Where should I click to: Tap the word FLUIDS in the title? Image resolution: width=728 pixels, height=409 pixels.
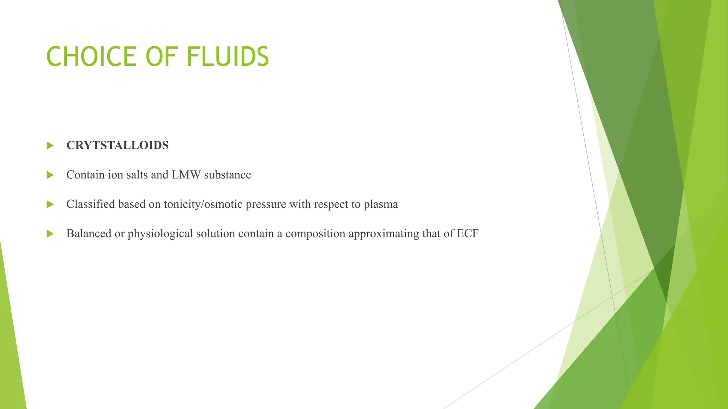pyautogui.click(x=227, y=57)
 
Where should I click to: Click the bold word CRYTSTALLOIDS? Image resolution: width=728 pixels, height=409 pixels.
pyautogui.click(x=117, y=145)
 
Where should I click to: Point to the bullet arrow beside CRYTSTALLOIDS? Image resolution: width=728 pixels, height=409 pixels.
pyautogui.click(x=50, y=146)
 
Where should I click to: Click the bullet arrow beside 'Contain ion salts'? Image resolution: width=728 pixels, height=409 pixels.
pyautogui.click(x=50, y=175)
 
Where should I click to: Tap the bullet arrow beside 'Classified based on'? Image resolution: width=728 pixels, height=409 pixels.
pyautogui.click(x=50, y=204)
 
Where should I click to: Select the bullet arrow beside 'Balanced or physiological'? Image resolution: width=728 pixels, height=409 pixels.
pyautogui.click(x=50, y=234)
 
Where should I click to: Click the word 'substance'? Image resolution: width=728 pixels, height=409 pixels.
pyautogui.click(x=227, y=175)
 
